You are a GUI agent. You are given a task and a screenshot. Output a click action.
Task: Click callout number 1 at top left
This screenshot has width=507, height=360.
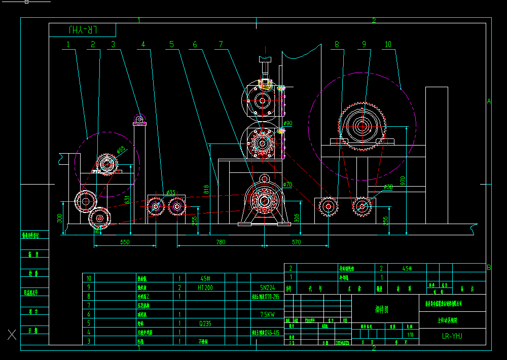(x=67, y=45)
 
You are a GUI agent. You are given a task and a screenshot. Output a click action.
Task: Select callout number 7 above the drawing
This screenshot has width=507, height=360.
(x=220, y=45)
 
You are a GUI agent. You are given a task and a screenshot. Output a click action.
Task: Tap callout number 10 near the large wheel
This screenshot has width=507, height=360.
(x=388, y=45)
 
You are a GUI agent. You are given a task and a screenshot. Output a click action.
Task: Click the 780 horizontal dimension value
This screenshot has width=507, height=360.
(x=221, y=242)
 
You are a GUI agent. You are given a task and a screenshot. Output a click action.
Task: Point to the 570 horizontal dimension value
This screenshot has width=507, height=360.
(x=297, y=242)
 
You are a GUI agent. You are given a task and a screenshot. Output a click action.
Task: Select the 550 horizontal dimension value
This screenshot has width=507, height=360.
(x=125, y=242)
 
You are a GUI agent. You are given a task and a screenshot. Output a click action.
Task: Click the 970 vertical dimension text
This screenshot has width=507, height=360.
(x=403, y=181)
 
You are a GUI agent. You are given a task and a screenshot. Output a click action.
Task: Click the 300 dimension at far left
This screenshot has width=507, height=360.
(x=60, y=218)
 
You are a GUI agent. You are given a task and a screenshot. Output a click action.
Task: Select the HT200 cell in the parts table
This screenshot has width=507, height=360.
(x=205, y=287)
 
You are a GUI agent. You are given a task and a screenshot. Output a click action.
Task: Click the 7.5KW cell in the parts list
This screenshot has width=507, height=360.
(x=267, y=314)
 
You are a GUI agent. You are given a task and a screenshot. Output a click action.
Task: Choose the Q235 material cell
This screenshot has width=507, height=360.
(x=205, y=323)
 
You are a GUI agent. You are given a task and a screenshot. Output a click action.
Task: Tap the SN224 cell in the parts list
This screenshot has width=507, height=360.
(x=267, y=287)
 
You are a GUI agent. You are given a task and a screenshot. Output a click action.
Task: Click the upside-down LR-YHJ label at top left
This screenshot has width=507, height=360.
(x=82, y=30)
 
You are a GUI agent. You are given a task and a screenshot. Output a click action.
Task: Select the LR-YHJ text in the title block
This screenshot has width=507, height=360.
(x=453, y=336)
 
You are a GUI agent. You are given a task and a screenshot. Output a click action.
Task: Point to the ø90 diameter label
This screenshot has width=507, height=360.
(x=287, y=123)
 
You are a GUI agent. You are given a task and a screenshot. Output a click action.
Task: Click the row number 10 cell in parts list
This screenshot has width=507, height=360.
(x=89, y=278)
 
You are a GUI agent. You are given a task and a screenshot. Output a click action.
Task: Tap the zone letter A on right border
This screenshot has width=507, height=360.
(x=489, y=101)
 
